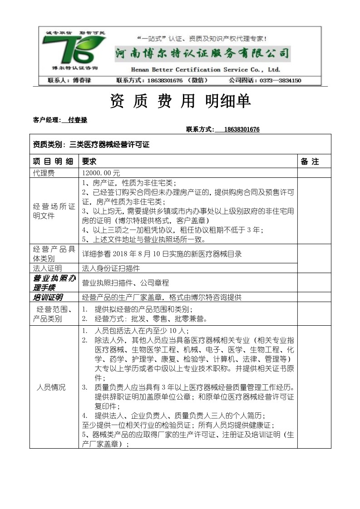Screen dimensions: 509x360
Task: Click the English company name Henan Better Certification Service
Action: tap(205, 70)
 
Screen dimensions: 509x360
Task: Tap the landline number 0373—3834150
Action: tap(281, 81)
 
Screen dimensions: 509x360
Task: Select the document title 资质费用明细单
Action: tap(180, 101)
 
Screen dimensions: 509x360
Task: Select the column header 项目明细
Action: tap(53, 162)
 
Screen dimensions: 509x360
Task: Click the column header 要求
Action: tap(89, 162)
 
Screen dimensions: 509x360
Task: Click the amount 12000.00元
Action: tap(101, 173)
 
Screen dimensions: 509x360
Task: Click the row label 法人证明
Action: tap(47, 268)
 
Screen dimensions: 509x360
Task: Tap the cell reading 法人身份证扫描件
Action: tap(111, 268)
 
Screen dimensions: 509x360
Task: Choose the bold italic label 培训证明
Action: tap(48, 298)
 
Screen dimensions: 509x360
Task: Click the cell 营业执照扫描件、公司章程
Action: tap(125, 283)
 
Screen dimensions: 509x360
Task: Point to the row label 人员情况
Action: tap(51, 387)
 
